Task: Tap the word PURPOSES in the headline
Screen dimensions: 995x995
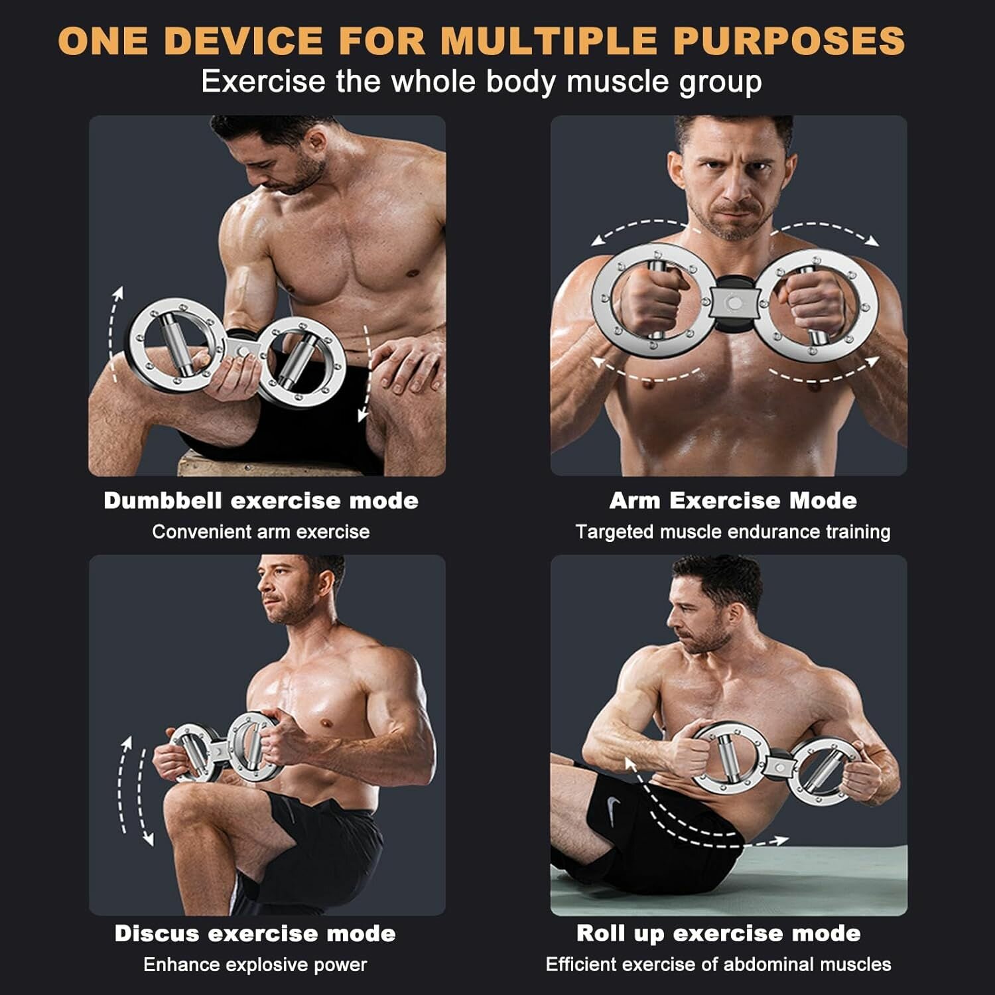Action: [789, 40]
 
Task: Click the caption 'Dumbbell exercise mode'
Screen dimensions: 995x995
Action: [261, 500]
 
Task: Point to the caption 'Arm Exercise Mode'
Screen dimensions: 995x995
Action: [733, 500]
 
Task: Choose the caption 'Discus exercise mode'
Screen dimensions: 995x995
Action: [255, 933]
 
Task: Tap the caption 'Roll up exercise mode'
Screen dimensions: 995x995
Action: [718, 933]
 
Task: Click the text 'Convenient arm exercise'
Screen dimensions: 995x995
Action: [261, 531]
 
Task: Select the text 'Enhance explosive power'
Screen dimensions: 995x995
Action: [255, 964]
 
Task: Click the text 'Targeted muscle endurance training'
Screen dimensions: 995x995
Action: [733, 532]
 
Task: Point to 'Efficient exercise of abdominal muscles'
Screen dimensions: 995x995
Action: [718, 964]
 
